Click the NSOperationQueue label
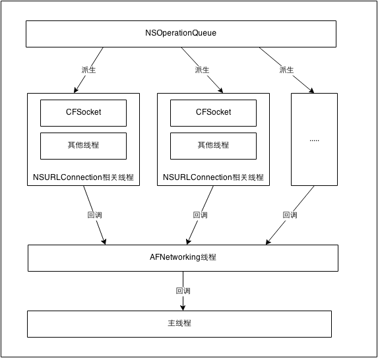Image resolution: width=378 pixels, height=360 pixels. [x=181, y=33]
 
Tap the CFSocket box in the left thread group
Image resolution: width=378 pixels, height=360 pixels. [x=83, y=113]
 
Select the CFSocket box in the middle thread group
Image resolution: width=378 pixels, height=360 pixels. [x=213, y=113]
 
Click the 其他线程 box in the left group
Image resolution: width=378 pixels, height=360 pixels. [x=83, y=146]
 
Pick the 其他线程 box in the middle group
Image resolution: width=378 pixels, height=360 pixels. [x=213, y=146]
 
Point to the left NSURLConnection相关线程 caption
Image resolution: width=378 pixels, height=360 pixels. [x=83, y=177]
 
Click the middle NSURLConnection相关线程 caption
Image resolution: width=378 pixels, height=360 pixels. [x=213, y=177]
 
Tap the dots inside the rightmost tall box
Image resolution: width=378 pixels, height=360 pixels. [x=314, y=140]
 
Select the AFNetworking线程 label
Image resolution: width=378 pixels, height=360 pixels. [x=183, y=257]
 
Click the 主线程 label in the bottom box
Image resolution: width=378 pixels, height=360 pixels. [x=179, y=323]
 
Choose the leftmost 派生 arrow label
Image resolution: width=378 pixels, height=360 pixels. [x=88, y=70]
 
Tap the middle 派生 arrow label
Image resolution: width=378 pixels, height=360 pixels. [x=202, y=70]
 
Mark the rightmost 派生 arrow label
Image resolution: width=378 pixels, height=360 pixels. [x=286, y=70]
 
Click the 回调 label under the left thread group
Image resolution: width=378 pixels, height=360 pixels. [x=94, y=215]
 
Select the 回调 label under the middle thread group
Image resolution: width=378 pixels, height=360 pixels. [x=200, y=215]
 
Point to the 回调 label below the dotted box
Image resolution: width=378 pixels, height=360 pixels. [x=290, y=215]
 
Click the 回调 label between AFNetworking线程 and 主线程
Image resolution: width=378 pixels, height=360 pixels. [x=183, y=291]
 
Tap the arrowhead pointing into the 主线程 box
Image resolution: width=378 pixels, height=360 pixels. [x=183, y=308]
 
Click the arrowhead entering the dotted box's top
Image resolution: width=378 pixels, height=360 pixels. [x=311, y=90]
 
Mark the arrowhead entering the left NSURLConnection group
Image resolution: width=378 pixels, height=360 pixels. [x=76, y=90]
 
